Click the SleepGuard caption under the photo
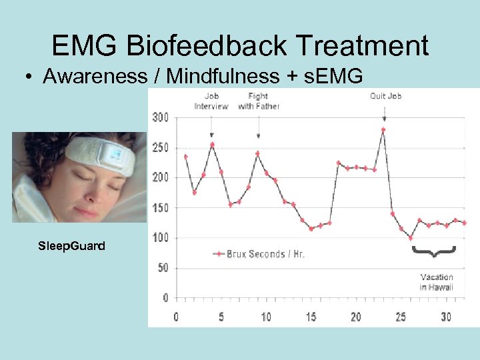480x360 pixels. [x=71, y=246]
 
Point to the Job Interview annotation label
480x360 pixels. [x=211, y=101]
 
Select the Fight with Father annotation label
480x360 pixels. [x=258, y=101]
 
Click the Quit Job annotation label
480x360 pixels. [x=385, y=96]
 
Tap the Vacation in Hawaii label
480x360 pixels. [x=436, y=282]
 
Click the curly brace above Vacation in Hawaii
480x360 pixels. [x=433, y=251]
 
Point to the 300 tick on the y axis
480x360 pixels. [x=161, y=117]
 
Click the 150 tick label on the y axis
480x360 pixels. [x=161, y=208]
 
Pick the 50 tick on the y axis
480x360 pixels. [x=163, y=268]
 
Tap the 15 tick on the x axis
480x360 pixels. [x=311, y=317]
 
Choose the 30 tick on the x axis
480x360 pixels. [x=445, y=317]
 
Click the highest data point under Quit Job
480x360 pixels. [x=383, y=130]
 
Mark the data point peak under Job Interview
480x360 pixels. [x=212, y=144]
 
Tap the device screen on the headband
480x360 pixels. [x=110, y=156]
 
